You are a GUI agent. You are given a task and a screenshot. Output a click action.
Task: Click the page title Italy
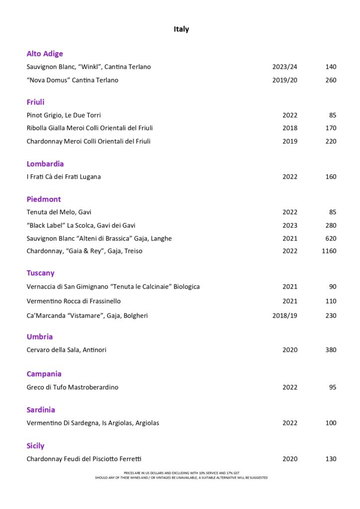pyautogui.click(x=181, y=29)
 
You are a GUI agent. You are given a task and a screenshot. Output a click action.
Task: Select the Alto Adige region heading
pyautogui.click(x=45, y=54)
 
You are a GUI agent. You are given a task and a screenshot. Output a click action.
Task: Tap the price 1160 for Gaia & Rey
pyautogui.click(x=329, y=251)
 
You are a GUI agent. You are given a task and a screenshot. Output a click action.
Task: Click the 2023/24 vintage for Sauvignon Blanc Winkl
pyautogui.click(x=285, y=67)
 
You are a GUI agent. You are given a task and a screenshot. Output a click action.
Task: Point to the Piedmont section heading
pyautogui.click(x=44, y=199)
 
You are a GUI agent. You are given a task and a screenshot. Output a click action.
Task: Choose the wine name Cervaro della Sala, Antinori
pyautogui.click(x=66, y=350)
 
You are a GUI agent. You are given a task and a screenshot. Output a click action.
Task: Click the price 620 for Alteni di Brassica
pyautogui.click(x=331, y=239)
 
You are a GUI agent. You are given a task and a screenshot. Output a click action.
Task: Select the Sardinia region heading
pyautogui.click(x=41, y=410)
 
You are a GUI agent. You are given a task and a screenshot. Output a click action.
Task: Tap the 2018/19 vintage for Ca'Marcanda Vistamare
pyautogui.click(x=285, y=316)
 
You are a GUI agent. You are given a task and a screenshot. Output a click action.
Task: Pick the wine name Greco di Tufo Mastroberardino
pyautogui.click(x=73, y=387)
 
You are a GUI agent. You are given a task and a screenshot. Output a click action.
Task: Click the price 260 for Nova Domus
pyautogui.click(x=331, y=80)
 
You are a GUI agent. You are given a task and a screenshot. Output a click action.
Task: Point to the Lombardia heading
pyautogui.click(x=45, y=164)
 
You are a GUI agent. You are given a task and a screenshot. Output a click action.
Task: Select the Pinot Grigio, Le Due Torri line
pyautogui.click(x=64, y=115)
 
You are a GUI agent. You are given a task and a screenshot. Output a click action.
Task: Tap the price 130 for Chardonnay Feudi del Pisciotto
pyautogui.click(x=331, y=459)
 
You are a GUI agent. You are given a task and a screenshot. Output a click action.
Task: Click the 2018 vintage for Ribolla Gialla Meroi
pyautogui.click(x=290, y=128)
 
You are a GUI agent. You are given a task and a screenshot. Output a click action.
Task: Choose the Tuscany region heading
pyautogui.click(x=41, y=273)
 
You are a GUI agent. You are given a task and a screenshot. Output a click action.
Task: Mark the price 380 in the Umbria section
pyautogui.click(x=331, y=350)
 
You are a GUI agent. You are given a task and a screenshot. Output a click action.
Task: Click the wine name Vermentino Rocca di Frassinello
pyautogui.click(x=74, y=301)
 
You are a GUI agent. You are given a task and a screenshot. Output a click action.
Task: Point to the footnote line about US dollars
pyautogui.click(x=181, y=473)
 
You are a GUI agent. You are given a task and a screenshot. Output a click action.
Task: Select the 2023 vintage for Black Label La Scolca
pyautogui.click(x=290, y=226)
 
